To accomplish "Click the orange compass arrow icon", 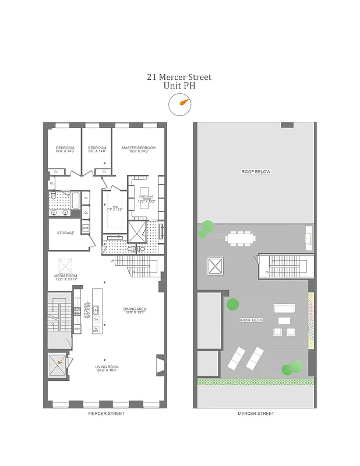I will [184, 103].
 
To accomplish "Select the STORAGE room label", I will [65, 233].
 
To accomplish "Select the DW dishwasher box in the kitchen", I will [96, 320].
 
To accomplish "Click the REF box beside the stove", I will [77, 329].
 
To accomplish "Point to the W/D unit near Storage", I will [86, 228].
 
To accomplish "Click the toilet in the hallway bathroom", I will [53, 198].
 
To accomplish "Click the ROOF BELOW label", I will [256, 172].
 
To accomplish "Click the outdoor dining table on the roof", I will [241, 237].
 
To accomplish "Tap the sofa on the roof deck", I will [284, 308].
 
